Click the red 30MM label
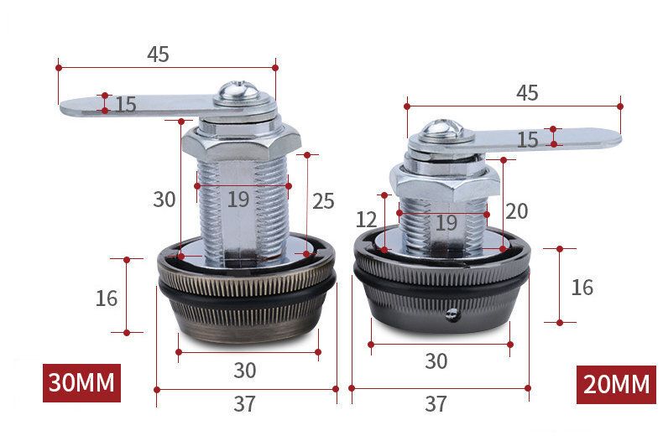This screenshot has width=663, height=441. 81,382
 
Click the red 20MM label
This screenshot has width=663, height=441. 617,384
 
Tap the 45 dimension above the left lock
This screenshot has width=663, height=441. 158,54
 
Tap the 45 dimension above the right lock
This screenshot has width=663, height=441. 527,93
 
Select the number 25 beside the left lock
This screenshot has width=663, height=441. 323,201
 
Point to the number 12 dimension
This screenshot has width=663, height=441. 366,220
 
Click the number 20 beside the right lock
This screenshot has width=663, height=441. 517,211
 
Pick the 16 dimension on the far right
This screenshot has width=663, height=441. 582,288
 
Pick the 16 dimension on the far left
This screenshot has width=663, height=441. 107,298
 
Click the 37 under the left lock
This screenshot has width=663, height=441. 245,404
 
